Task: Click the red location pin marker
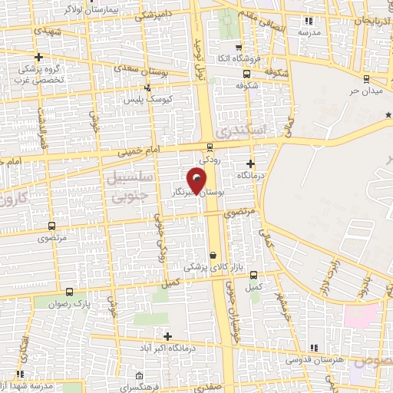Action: coord(197,181)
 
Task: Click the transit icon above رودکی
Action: coord(210,147)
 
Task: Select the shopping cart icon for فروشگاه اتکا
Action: coord(239,48)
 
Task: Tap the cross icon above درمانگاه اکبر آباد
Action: coord(167,336)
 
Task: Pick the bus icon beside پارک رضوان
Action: coord(70,292)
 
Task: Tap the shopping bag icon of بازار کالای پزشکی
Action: coord(213,256)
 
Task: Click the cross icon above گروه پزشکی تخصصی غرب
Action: coord(38,57)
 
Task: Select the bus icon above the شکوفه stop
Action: coord(246,74)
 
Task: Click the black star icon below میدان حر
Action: coord(388,115)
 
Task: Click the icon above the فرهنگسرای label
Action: coord(138,376)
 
